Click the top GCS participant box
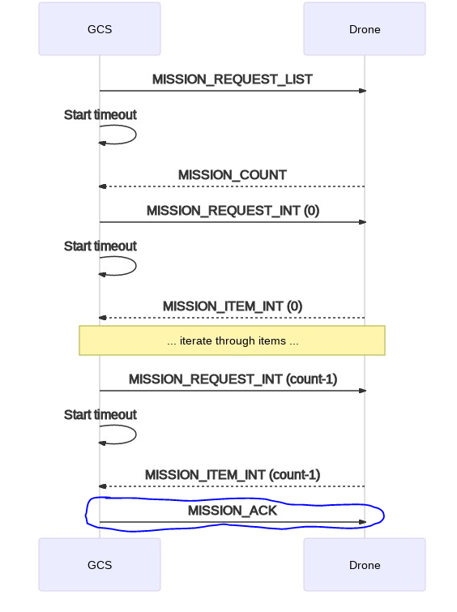100,29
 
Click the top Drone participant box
365,29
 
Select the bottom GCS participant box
100,565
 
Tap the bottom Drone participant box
365,565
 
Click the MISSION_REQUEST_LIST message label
233,79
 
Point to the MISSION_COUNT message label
233,175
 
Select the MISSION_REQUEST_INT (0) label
233,211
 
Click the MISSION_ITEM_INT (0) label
233,306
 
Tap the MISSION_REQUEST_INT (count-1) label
233,379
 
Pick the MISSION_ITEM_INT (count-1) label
233,475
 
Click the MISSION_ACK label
233,511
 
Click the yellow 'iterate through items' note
233,340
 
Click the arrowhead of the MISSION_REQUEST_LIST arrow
362,91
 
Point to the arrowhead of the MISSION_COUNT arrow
103,186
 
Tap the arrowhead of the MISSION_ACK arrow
362,522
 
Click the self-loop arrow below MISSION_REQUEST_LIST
136,135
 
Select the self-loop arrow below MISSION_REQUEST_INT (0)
136,266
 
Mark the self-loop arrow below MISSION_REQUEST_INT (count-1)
136,434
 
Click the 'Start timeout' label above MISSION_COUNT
100,115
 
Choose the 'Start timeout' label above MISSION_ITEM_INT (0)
100,246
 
